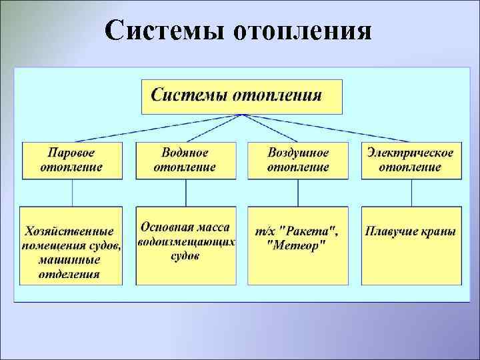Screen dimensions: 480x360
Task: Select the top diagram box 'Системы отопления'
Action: (241, 96)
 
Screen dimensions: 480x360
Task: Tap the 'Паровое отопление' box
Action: (72, 159)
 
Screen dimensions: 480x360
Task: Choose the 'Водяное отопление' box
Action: (185, 159)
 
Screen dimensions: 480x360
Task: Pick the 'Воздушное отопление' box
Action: (298, 159)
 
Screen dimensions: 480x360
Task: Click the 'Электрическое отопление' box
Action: (410, 159)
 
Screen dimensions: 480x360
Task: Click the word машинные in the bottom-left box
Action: (70, 259)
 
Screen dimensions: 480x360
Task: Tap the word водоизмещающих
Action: (186, 242)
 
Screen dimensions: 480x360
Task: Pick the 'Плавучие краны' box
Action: (410, 245)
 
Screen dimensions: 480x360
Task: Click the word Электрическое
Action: (410, 153)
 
